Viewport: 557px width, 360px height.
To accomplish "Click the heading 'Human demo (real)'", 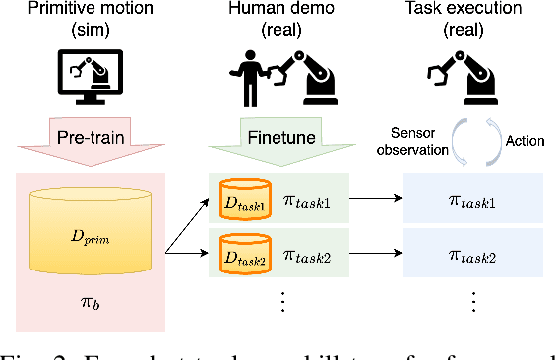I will pos(278,19).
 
